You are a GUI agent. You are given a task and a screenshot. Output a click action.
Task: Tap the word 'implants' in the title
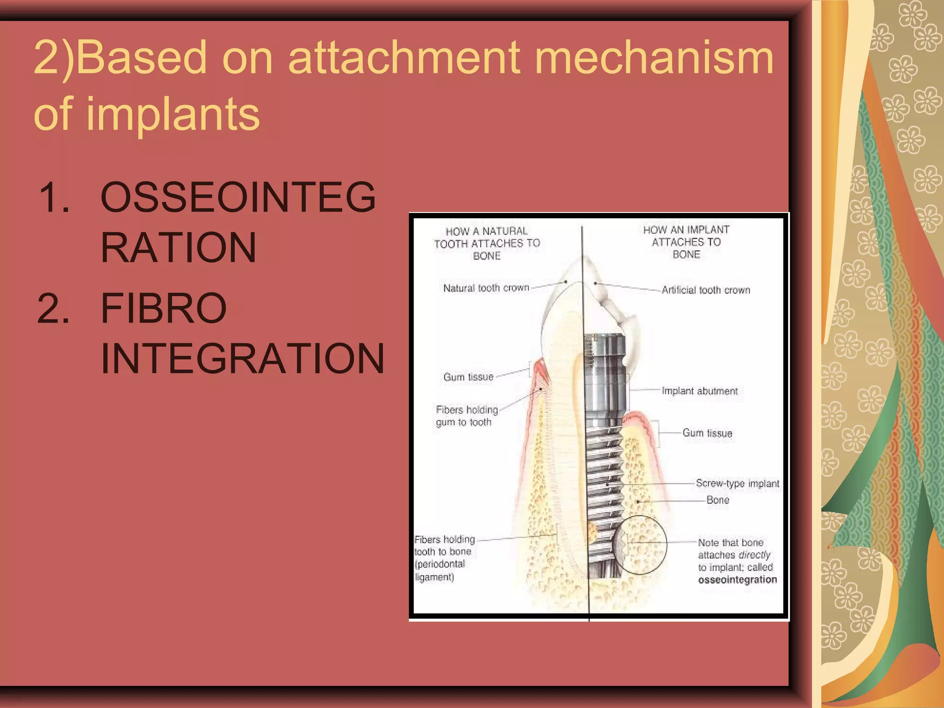(x=173, y=114)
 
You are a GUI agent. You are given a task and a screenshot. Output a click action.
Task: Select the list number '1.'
(x=54, y=197)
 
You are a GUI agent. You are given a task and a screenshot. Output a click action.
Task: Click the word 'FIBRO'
(x=164, y=308)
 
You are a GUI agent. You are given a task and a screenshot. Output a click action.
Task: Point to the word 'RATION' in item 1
(x=178, y=248)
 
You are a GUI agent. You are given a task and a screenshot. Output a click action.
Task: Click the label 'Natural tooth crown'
(x=486, y=288)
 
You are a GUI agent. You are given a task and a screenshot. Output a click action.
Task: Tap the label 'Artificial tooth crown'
(x=706, y=290)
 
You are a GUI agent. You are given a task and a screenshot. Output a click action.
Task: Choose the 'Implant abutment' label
(x=699, y=391)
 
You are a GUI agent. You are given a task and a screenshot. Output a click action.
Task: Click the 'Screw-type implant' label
(x=737, y=483)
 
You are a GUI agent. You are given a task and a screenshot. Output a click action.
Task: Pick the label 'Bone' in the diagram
(x=718, y=500)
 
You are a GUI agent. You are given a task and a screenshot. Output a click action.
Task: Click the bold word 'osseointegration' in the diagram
(x=737, y=580)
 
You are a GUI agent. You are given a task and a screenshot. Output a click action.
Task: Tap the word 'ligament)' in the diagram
(x=434, y=577)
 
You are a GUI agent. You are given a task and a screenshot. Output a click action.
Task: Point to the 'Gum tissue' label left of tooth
(x=468, y=377)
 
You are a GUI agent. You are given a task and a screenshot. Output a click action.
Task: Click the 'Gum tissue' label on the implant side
(x=707, y=433)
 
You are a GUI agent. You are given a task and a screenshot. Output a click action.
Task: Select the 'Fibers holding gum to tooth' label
(x=466, y=416)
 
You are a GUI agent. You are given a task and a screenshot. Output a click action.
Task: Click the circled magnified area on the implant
(x=641, y=545)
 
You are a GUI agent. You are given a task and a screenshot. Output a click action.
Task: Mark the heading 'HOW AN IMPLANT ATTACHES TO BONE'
(x=686, y=242)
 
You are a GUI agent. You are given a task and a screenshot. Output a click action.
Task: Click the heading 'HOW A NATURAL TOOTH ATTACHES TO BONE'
(x=487, y=243)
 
